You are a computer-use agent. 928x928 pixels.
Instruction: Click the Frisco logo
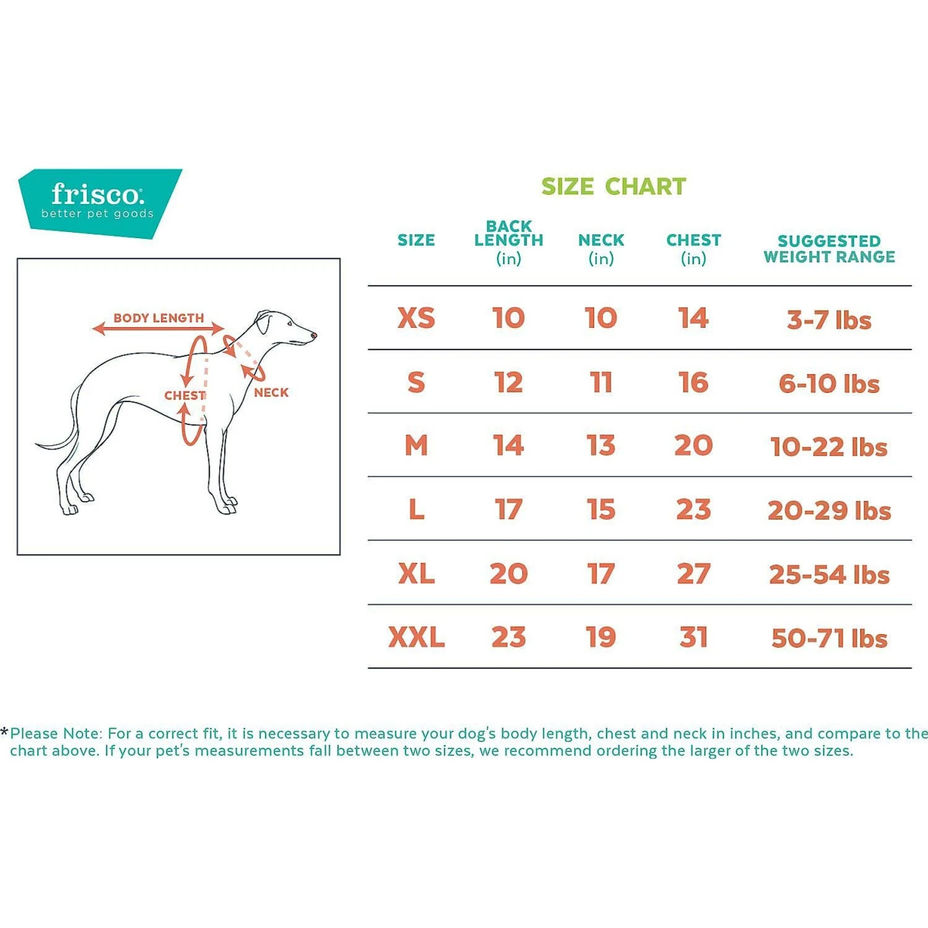[x=99, y=201]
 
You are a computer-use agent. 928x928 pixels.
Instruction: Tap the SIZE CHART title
[x=613, y=186]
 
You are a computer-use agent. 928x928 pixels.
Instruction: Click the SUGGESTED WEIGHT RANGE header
[x=829, y=249]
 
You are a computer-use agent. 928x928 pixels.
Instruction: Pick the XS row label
[x=416, y=318]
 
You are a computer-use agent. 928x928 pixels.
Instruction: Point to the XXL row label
[x=416, y=637]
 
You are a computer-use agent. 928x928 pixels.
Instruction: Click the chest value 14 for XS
[x=693, y=318]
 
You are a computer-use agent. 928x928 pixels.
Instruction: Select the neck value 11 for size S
[x=601, y=382]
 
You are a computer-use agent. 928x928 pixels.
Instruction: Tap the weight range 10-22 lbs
[x=829, y=447]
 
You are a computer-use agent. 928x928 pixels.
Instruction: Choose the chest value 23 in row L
[x=693, y=510]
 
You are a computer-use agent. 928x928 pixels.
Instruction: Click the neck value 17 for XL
[x=601, y=574]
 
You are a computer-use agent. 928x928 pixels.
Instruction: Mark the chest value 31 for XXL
[x=693, y=637]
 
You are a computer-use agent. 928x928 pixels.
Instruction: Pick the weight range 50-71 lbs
[x=829, y=638]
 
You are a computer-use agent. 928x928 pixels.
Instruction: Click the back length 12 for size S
[x=509, y=382]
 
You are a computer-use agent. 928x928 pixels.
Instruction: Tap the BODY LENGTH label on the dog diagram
[x=158, y=318]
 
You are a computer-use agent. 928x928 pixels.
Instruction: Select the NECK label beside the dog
[x=271, y=392]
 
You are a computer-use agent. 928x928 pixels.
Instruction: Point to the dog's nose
[x=314, y=335]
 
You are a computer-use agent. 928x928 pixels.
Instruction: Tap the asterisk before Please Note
[x=5, y=733]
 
